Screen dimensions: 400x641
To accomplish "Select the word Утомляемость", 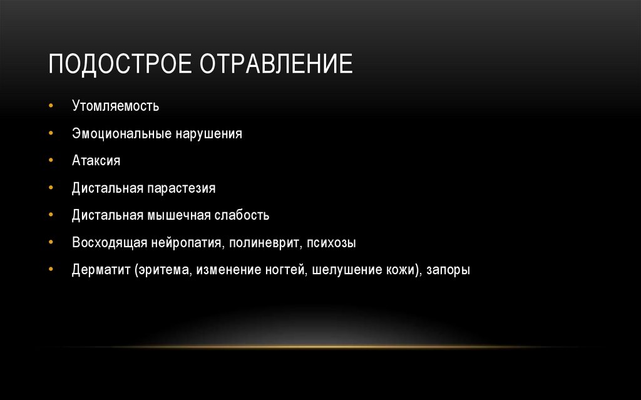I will (115, 106).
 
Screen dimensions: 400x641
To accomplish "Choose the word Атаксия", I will (96, 160).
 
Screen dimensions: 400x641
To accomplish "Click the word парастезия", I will (182, 188).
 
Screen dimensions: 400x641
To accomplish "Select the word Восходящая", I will (109, 242).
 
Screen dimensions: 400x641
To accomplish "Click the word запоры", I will (448, 270).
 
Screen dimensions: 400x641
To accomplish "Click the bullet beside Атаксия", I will (51, 161).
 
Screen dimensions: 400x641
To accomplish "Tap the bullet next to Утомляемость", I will (51, 106).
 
